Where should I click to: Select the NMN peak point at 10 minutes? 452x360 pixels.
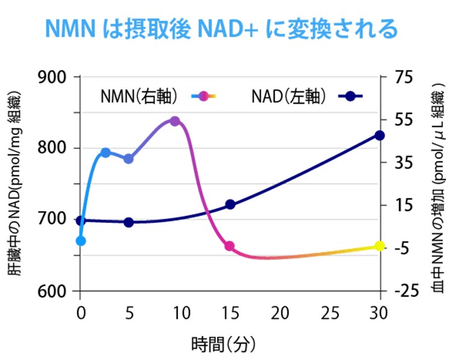click(175, 121)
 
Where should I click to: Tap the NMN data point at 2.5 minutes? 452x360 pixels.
click(105, 153)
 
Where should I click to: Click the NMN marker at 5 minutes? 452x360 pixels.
click(128, 159)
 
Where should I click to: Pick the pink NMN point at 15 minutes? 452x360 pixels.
click(230, 246)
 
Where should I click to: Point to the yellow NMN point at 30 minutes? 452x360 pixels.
click(380, 246)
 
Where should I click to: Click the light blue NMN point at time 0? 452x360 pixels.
click(81, 241)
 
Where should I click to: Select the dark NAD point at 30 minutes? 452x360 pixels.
click(380, 136)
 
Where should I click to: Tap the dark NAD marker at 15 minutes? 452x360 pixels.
click(230, 204)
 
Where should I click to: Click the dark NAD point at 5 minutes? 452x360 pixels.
click(128, 223)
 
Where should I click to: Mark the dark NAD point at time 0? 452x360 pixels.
click(81, 221)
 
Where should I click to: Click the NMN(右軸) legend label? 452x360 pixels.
click(137, 96)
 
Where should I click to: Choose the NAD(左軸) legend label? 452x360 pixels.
click(289, 96)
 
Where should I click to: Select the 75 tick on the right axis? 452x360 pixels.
click(403, 77)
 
